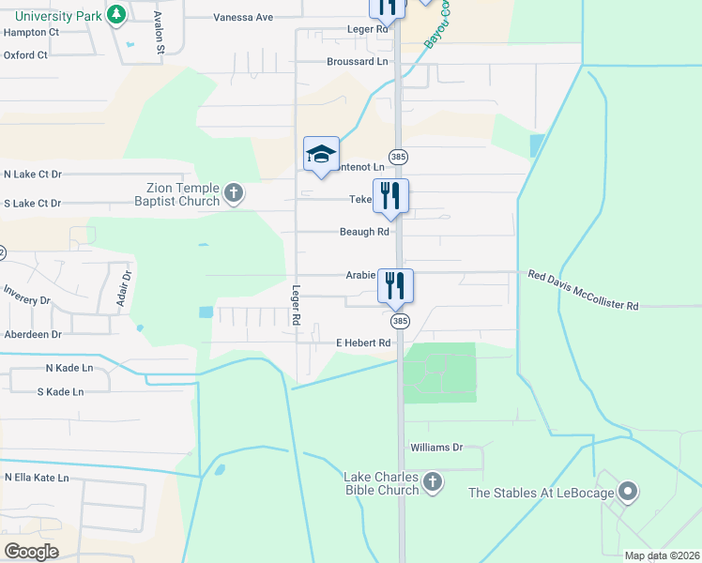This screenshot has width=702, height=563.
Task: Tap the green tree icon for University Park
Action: click(x=115, y=15)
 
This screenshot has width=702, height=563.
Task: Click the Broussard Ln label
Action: click(x=357, y=62)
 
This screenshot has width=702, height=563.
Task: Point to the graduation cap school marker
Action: click(x=321, y=154)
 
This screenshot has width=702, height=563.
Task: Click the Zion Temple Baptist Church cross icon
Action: click(x=234, y=194)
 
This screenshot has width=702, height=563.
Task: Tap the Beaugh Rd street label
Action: click(x=364, y=232)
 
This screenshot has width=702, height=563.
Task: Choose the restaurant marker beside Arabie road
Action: click(x=395, y=284)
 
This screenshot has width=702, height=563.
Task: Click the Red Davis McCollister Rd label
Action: click(x=583, y=290)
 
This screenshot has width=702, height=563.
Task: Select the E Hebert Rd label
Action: click(x=363, y=343)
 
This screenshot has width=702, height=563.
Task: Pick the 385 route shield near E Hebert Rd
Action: click(x=400, y=321)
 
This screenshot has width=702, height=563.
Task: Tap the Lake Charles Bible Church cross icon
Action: click(x=432, y=482)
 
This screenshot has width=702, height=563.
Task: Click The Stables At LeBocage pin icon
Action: click(x=628, y=492)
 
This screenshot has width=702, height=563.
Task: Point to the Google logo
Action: click(x=32, y=552)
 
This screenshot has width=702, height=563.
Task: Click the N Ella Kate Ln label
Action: click(x=37, y=478)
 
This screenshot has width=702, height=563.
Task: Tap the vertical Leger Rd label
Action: click(x=296, y=305)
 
